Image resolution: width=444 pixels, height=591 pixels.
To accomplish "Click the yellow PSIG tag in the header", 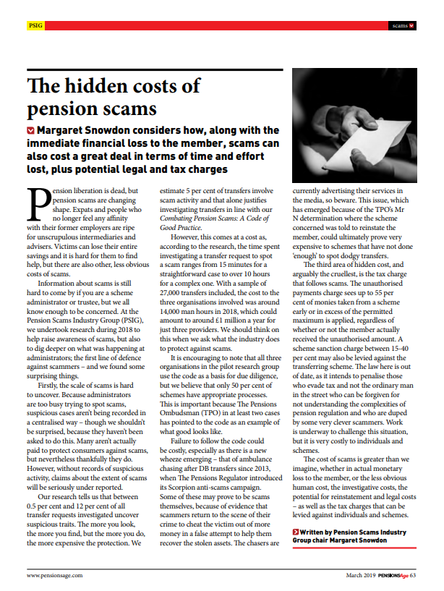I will click(x=35, y=26).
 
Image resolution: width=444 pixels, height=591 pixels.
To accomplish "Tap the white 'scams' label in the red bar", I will click(x=399, y=26).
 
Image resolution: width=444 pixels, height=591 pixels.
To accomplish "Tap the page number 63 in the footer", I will click(x=413, y=576).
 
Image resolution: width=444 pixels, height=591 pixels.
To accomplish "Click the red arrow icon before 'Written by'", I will click(x=295, y=532).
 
